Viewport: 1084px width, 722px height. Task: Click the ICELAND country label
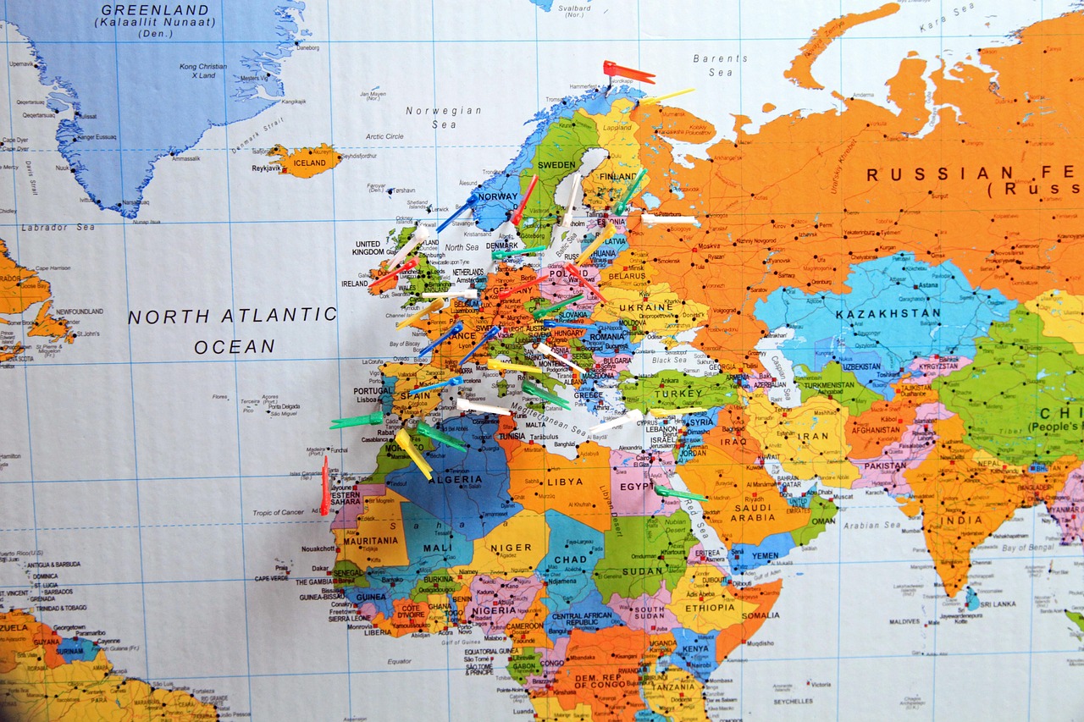coord(309,163)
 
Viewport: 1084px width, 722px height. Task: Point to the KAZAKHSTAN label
coord(888,314)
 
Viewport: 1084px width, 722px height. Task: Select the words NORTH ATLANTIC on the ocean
coord(232,316)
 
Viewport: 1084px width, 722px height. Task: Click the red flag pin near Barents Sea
coord(628,73)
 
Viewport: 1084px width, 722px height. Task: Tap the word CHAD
coord(570,559)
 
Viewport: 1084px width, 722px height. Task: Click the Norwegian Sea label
coord(443,118)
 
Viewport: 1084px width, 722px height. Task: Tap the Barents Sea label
coord(720,65)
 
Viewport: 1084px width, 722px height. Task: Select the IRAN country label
coord(813,437)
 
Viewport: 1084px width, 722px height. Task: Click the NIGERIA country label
coord(495,609)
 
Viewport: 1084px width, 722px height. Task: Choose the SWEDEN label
coord(556,164)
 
